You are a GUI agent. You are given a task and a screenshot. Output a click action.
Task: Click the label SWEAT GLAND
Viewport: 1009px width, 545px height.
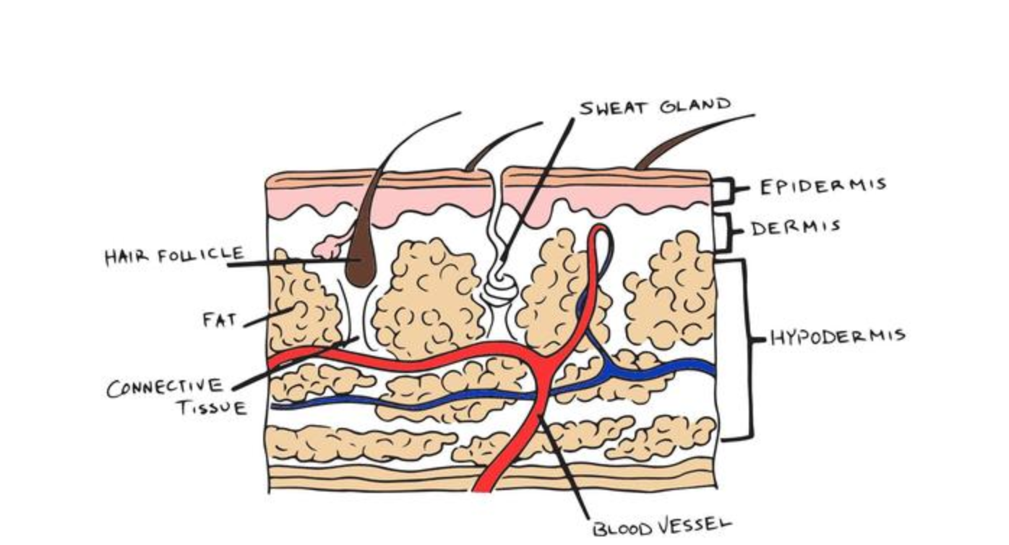pyautogui.click(x=655, y=107)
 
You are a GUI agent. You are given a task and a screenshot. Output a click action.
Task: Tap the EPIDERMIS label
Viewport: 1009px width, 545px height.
pyautogui.click(x=823, y=186)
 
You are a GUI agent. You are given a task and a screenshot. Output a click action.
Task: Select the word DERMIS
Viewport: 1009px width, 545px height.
pyautogui.click(x=796, y=228)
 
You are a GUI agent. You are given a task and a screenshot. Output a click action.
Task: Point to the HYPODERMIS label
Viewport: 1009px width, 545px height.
pyautogui.click(x=838, y=337)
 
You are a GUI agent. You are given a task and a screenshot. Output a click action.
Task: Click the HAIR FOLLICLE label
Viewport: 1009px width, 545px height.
pyautogui.click(x=174, y=256)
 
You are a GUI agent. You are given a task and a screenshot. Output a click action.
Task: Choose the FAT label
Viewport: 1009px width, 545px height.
pyautogui.click(x=220, y=319)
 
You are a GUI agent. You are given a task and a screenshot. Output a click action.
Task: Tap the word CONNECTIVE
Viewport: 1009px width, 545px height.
pyautogui.click(x=165, y=387)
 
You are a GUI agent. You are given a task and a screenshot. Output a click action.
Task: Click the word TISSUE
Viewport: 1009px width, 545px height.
pyautogui.click(x=212, y=408)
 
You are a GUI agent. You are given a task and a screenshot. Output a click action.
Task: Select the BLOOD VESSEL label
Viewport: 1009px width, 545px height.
pyautogui.click(x=661, y=527)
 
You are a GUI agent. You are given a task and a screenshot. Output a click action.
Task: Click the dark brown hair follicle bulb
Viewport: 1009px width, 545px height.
pyautogui.click(x=361, y=265)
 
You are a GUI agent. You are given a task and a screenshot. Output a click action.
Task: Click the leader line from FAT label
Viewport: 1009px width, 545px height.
pyautogui.click(x=267, y=317)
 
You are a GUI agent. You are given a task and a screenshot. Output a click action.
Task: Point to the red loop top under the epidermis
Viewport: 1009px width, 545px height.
pyautogui.click(x=600, y=230)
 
